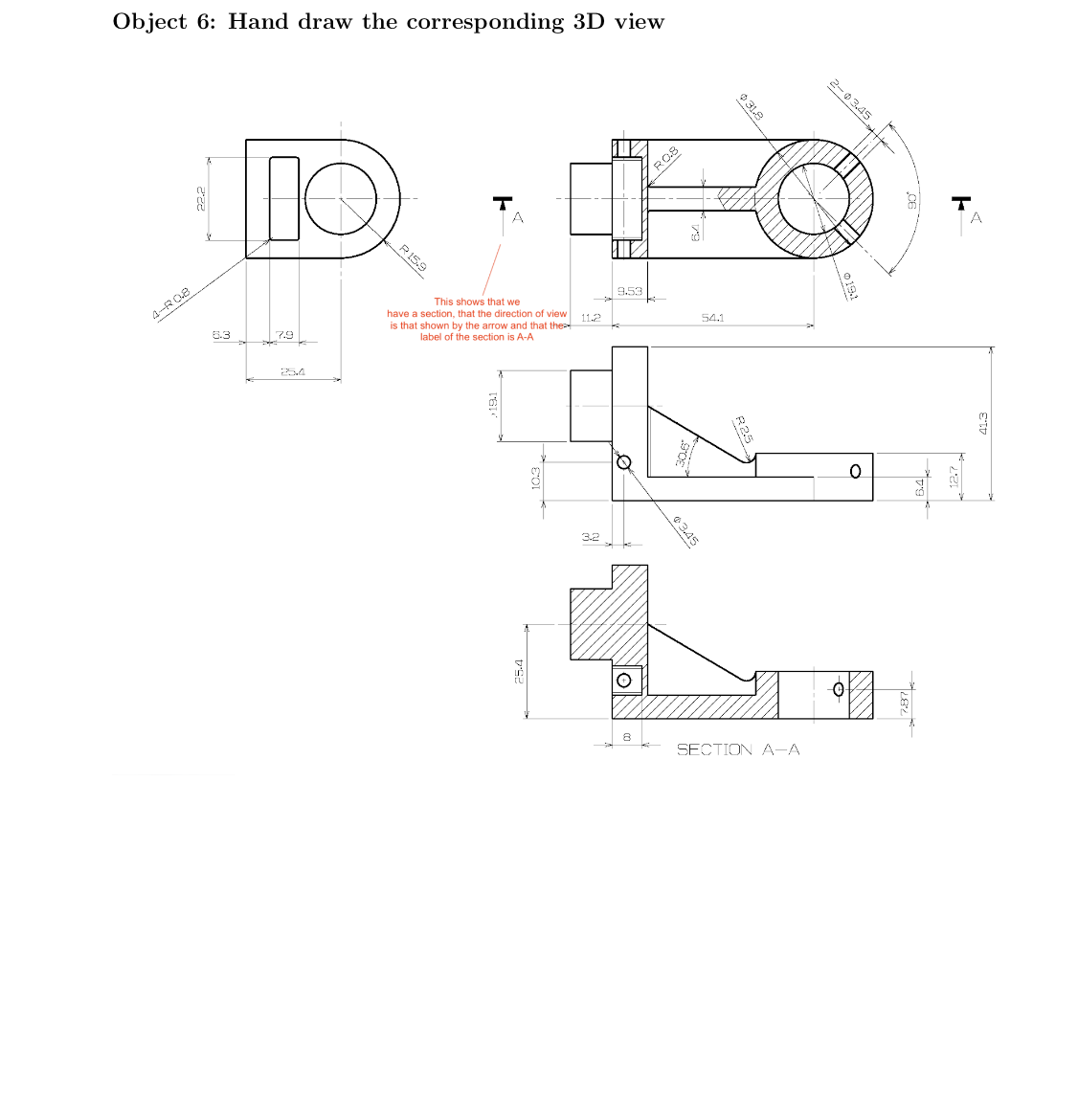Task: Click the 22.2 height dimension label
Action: click(201, 199)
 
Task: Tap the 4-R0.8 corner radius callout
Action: click(171, 304)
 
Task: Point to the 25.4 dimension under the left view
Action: click(292, 372)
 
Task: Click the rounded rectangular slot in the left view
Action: click(284, 198)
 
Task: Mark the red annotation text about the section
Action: click(477, 320)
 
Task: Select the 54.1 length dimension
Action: click(712, 318)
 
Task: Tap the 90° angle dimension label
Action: click(912, 201)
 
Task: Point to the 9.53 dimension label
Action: click(629, 291)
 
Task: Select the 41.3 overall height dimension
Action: click(983, 422)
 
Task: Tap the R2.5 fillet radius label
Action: click(744, 430)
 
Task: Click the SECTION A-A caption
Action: click(738, 749)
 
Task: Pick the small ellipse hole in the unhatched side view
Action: click(856, 471)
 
